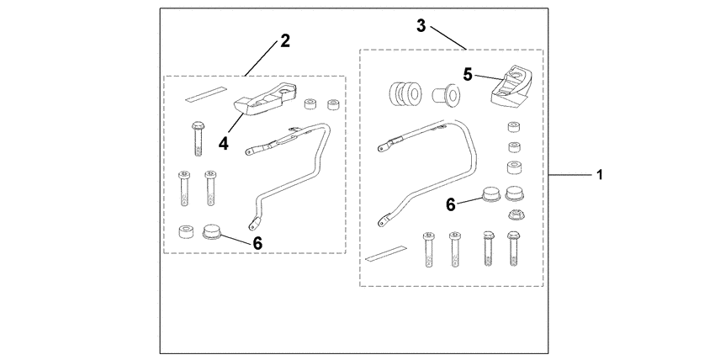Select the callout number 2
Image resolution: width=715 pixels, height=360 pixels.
pos(285,41)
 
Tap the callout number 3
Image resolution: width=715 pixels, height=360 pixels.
pos(421,25)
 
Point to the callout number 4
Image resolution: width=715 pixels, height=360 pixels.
pos(224,143)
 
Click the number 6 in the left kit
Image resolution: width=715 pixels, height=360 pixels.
pos(257,241)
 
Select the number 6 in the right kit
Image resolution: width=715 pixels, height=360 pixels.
pos(451,203)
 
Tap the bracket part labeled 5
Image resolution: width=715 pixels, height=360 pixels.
pos(512,87)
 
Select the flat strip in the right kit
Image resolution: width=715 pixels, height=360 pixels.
pos(389,252)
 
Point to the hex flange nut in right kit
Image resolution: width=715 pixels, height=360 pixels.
pos(515,216)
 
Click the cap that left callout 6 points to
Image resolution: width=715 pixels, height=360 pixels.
pos(213,230)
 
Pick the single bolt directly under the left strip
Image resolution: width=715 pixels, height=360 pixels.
pos(198,137)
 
